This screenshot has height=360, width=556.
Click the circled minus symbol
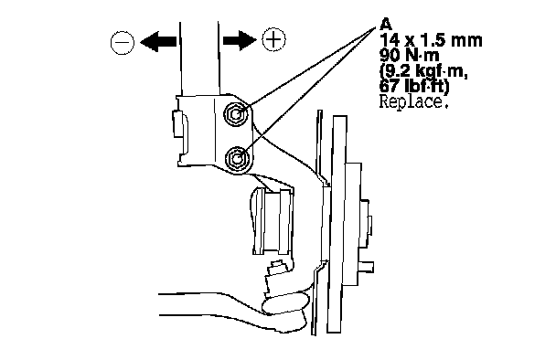tap(123, 43)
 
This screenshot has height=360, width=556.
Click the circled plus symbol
tap(273, 38)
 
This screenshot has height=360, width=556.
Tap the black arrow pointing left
tap(158, 42)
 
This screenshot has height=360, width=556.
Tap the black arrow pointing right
tap(240, 39)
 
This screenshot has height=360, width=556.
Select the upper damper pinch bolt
tap(235, 113)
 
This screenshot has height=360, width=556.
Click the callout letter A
tap(386, 25)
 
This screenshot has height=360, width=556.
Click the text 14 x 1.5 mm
tap(431, 40)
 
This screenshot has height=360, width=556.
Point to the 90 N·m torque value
tap(409, 55)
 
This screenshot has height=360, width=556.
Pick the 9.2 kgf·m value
tap(423, 71)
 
